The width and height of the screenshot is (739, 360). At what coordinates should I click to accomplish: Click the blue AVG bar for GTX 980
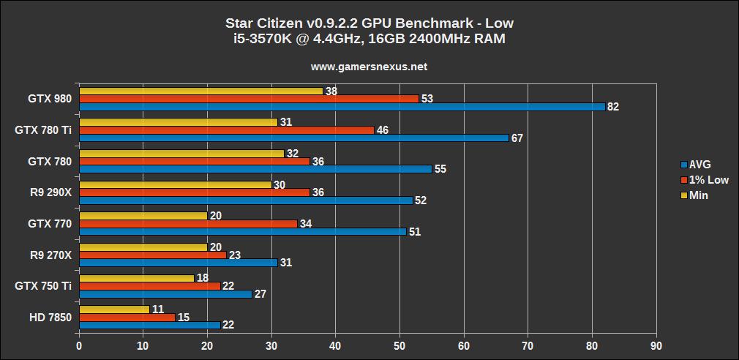click(342, 107)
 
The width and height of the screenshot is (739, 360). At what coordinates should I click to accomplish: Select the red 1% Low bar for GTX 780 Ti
click(226, 130)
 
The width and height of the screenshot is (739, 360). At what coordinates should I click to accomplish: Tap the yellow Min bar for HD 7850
click(114, 310)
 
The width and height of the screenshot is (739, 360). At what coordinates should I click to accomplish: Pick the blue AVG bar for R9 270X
click(178, 263)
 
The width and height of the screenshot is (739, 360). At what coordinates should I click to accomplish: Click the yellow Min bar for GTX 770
click(143, 216)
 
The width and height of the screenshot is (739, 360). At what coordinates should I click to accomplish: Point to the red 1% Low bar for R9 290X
click(194, 192)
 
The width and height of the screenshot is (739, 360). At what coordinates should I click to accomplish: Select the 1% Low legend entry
click(704, 180)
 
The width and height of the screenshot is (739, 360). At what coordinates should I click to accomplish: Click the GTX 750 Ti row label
click(43, 286)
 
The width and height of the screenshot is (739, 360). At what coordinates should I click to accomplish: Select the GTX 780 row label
click(50, 161)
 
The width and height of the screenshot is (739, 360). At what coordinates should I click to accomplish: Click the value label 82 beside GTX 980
click(613, 107)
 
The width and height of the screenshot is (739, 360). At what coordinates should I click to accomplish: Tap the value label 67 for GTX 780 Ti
click(517, 138)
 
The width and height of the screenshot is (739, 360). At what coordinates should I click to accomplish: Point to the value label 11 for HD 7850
click(157, 310)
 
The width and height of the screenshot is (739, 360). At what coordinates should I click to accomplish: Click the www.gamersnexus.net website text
click(369, 67)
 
